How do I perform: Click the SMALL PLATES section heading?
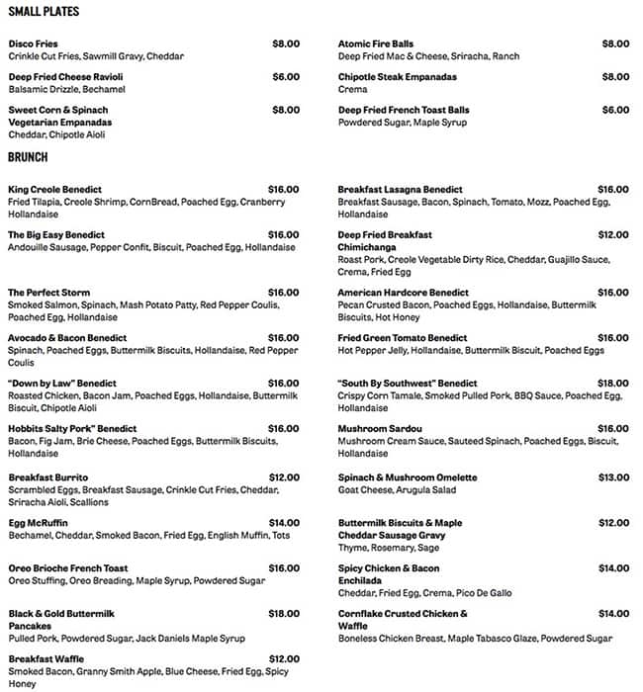pyautogui.click(x=45, y=12)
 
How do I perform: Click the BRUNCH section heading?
pyautogui.click(x=29, y=156)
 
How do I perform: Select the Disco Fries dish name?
pyautogui.click(x=33, y=43)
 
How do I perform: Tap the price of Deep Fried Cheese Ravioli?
pyautogui.click(x=285, y=76)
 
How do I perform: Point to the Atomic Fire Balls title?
pyautogui.click(x=377, y=43)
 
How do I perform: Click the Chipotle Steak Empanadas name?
pyautogui.click(x=397, y=76)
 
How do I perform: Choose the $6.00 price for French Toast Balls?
pyautogui.click(x=614, y=110)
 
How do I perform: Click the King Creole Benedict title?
pyautogui.click(x=55, y=189)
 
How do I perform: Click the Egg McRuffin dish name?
pyautogui.click(x=39, y=523)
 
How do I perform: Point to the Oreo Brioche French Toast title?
pyautogui.click(x=68, y=568)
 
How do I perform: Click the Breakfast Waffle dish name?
pyautogui.click(x=46, y=659)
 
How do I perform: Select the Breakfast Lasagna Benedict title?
pyautogui.click(x=400, y=189)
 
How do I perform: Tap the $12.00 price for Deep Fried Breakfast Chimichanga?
pyautogui.click(x=613, y=235)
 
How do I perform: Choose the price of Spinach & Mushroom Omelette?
pyautogui.click(x=613, y=477)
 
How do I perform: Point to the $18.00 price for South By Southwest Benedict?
pyautogui.click(x=613, y=384)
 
